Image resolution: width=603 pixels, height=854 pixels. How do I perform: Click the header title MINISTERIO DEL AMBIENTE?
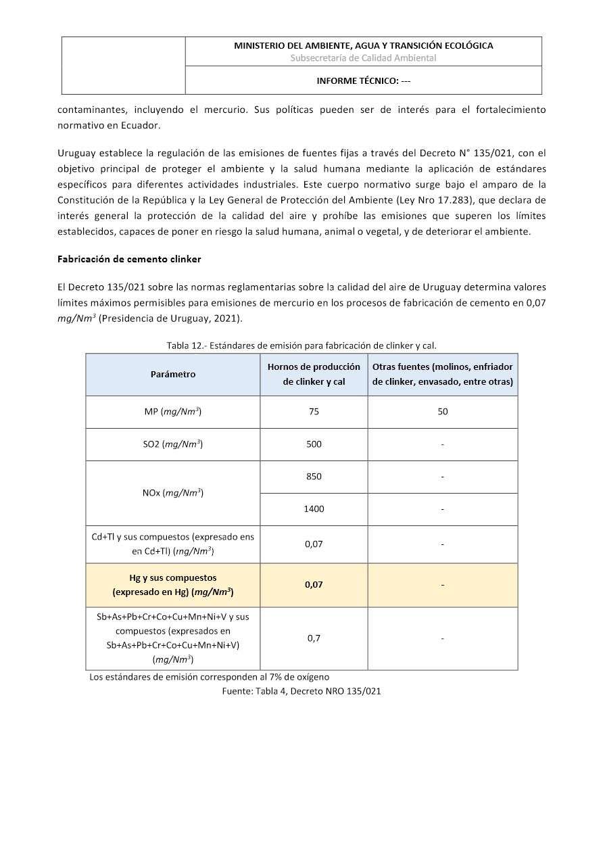(363, 46)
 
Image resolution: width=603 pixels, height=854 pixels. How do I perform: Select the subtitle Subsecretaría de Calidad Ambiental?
(363, 58)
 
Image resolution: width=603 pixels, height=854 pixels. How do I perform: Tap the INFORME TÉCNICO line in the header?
(363, 81)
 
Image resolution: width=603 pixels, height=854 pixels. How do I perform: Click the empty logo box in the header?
(124, 66)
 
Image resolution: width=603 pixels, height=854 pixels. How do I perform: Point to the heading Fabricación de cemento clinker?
(129, 260)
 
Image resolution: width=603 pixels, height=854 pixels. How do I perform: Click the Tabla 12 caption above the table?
(301, 346)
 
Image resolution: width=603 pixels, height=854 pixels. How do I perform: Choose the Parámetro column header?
(172, 375)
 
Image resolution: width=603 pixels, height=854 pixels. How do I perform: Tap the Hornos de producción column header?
(314, 375)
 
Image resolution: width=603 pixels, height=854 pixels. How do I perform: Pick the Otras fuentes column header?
(443, 375)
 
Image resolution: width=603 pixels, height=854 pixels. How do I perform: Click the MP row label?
(172, 412)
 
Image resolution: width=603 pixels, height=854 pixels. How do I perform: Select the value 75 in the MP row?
(314, 412)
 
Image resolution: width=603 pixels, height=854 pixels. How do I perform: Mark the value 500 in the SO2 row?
(314, 444)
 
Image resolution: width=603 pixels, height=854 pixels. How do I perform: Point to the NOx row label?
(172, 493)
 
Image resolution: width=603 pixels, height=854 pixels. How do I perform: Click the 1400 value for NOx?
(314, 509)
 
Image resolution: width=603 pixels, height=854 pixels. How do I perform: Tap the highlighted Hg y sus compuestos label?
(172, 585)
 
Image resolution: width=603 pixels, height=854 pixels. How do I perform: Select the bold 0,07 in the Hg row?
(314, 585)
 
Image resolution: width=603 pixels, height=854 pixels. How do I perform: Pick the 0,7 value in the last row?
(314, 638)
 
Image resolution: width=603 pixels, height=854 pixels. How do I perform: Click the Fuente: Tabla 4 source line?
(301, 691)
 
